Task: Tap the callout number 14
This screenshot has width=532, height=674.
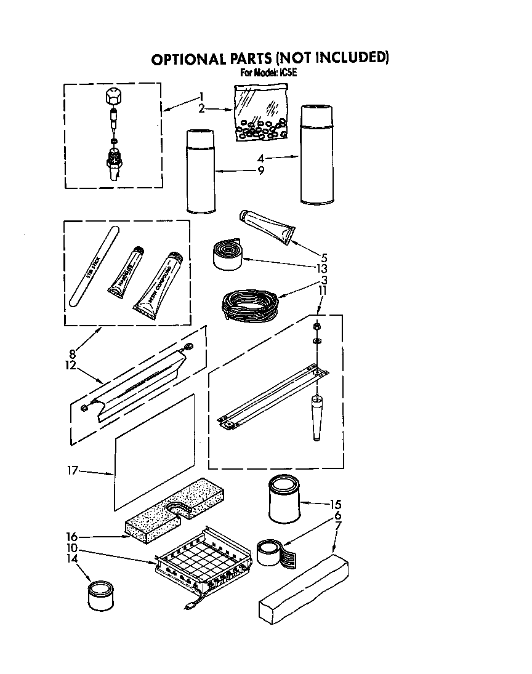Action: click(73, 558)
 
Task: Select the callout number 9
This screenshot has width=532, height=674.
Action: click(261, 171)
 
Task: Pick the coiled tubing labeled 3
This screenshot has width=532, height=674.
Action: click(245, 304)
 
